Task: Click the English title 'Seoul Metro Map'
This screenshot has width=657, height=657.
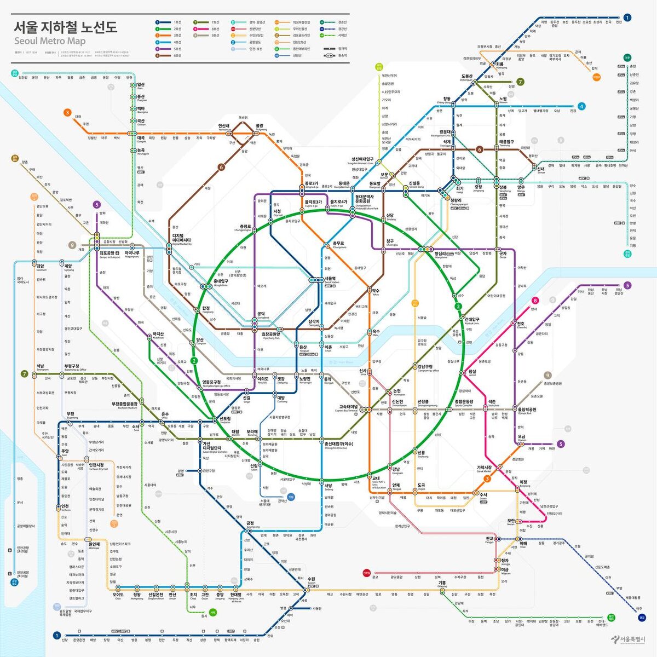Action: (50, 41)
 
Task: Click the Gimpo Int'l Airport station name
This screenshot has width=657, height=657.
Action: (107, 255)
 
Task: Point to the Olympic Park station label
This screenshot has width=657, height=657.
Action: (527, 411)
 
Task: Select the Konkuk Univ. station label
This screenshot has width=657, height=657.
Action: (472, 321)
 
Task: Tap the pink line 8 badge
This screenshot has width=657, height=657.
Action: (535, 300)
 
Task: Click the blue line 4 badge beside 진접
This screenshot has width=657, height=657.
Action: (581, 106)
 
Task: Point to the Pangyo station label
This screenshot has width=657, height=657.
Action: (489, 540)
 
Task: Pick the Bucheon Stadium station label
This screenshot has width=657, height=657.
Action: (125, 406)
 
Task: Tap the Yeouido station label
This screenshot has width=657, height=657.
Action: (263, 379)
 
